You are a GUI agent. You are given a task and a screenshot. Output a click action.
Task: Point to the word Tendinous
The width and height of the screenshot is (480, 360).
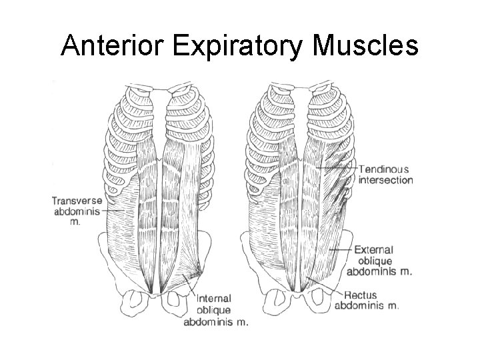(385, 169)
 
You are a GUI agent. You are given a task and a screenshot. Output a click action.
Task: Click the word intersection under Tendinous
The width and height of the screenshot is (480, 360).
(386, 180)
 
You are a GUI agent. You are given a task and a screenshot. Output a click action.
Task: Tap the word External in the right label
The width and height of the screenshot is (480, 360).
(374, 250)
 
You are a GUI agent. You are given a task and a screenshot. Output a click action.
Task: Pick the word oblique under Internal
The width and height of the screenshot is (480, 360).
(214, 309)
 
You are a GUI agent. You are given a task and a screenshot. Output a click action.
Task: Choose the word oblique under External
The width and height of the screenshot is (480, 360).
(373, 261)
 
